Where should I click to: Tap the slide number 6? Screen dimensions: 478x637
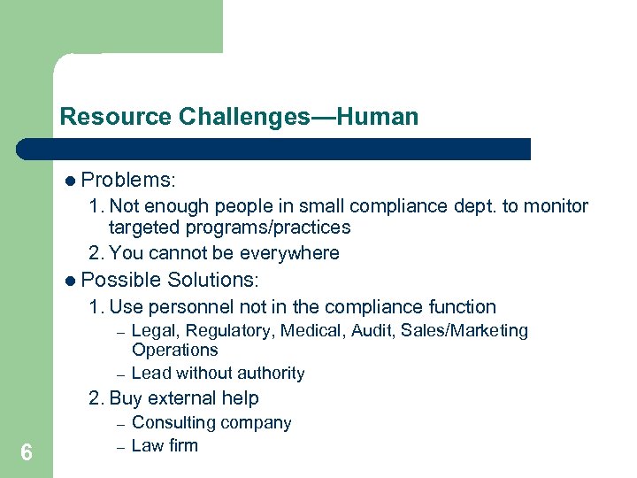point(27,453)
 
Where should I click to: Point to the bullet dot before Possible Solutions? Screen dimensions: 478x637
point(70,281)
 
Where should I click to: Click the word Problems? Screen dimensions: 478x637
point(127,181)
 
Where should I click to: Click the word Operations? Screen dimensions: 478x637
point(174,350)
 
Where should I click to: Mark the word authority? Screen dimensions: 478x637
point(270,374)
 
